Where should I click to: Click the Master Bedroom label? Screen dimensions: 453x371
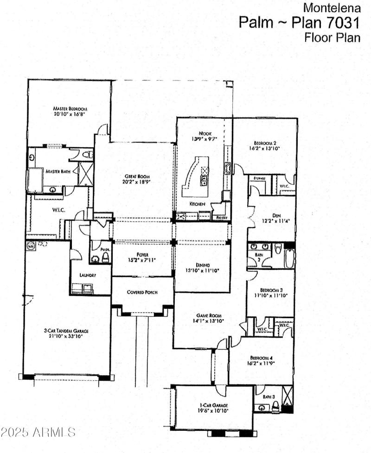coord(70,108)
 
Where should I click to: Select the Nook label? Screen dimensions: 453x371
coord(199,133)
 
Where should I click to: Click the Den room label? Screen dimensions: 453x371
coord(277,215)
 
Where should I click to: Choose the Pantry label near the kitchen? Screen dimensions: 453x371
coord(221,217)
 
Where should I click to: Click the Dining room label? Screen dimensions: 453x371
coord(202,264)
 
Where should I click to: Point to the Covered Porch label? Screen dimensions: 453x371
coord(142,292)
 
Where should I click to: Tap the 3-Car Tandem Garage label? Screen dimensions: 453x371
coord(66,331)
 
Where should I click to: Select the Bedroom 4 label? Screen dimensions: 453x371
coord(261,358)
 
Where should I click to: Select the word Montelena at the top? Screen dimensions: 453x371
coord(332,7)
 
